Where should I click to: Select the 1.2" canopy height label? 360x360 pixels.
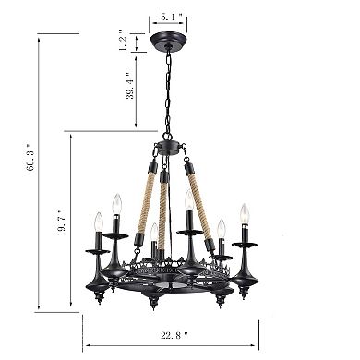123,42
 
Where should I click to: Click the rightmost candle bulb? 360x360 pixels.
245,213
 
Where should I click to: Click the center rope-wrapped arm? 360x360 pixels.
165,212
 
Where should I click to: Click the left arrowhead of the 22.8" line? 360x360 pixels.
85,318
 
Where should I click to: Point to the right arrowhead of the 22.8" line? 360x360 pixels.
262,318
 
